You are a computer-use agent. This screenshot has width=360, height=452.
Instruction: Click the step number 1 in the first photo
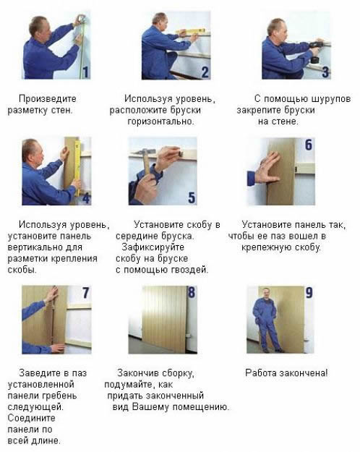[85, 71]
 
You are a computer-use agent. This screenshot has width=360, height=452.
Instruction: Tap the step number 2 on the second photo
[205, 71]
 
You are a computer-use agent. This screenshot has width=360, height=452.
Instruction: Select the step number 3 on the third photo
[325, 72]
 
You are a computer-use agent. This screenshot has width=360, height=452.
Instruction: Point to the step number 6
[309, 145]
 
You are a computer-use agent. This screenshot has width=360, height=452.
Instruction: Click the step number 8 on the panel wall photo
[192, 293]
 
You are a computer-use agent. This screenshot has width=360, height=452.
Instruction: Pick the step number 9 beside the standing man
[309, 293]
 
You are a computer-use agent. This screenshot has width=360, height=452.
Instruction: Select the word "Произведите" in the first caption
[47, 98]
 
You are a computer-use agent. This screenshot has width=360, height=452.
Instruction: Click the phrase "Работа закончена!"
[286, 372]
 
